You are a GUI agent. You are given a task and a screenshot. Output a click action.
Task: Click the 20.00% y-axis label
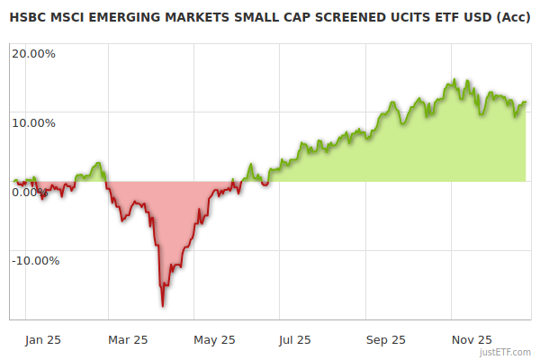(34, 53)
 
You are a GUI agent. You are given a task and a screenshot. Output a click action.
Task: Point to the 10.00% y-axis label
(34, 122)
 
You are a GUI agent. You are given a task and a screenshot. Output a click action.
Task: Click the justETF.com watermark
(506, 353)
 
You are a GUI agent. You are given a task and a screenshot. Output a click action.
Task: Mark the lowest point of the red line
(163, 306)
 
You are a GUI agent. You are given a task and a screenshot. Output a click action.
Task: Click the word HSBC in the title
(27, 17)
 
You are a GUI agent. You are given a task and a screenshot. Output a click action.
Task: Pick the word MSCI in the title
(69, 17)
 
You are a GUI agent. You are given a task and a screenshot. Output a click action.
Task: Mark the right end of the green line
(526, 103)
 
